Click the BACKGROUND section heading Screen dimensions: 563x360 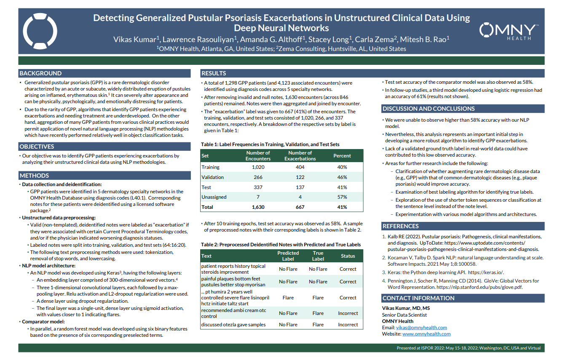coord(40,73)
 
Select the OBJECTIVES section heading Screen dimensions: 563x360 coord(37,147)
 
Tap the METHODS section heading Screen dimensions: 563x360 coord(34,176)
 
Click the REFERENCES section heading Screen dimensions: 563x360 coord(401,226)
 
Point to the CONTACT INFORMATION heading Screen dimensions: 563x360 coord(418,298)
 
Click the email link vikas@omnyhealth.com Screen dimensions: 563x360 coord(421,328)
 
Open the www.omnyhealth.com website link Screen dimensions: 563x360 coord(426,334)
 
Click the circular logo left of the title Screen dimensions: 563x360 coord(40,31)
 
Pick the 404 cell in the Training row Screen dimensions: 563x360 coord(300,167)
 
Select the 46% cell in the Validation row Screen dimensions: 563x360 coord(342,177)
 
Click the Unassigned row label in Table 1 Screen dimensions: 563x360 coord(214,197)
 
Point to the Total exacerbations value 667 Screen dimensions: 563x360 coord(300,207)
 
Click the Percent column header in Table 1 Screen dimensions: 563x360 coord(342,156)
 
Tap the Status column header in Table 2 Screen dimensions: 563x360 coord(348,256)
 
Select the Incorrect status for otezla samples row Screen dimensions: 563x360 coord(348,325)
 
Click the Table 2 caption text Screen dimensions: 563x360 coord(281,245)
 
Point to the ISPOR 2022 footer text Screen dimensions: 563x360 coord(469,348)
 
